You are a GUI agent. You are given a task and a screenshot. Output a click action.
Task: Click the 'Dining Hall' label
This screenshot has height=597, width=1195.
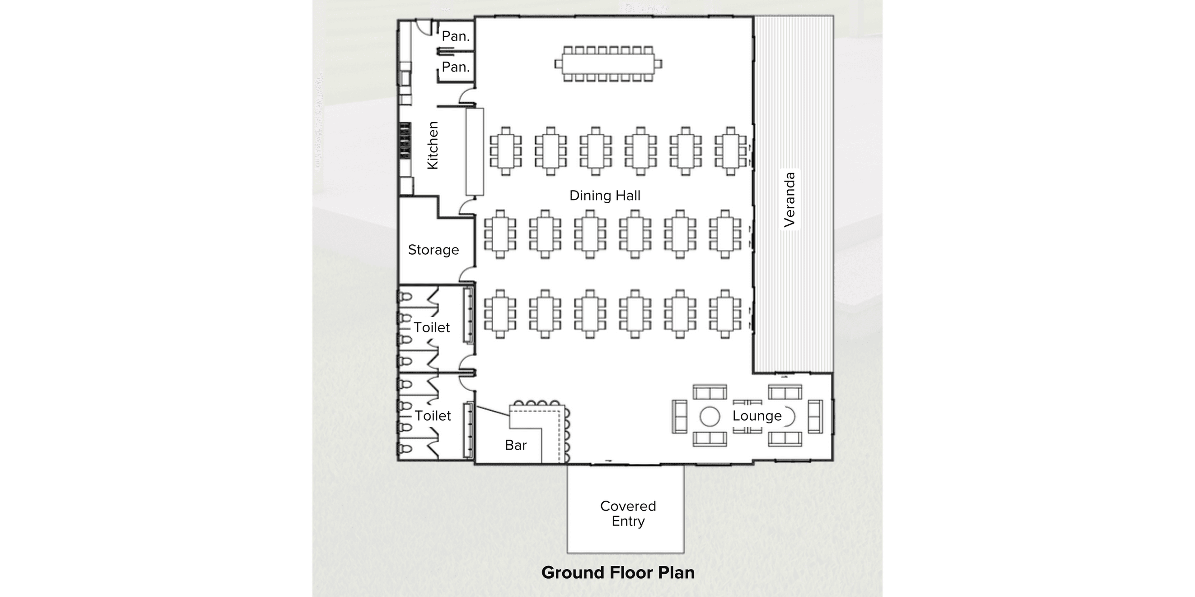604,196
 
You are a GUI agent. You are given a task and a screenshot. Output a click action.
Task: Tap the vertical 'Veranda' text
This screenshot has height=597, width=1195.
789,200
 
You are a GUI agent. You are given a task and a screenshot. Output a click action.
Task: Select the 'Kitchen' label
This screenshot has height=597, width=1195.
432,146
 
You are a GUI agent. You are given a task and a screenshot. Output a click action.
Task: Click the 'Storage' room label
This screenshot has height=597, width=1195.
433,250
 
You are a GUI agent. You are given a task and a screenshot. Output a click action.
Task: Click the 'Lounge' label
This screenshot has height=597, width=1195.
757,416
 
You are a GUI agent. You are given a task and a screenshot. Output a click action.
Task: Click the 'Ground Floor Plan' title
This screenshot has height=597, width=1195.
617,572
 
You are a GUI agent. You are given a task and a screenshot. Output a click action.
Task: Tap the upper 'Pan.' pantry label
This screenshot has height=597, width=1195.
456,36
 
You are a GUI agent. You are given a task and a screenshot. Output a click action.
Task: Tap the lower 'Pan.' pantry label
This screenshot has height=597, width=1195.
456,67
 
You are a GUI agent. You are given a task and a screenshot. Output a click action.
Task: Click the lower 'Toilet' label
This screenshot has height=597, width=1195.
432,416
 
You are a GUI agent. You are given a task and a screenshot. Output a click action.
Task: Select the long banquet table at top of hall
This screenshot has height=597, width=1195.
608,64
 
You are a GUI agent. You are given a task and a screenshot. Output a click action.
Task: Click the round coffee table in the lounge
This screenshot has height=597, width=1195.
709,416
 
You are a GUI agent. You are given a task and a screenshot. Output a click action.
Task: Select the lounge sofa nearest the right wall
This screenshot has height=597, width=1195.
815,416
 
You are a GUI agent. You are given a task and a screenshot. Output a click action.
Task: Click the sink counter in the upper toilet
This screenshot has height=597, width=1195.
468,315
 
